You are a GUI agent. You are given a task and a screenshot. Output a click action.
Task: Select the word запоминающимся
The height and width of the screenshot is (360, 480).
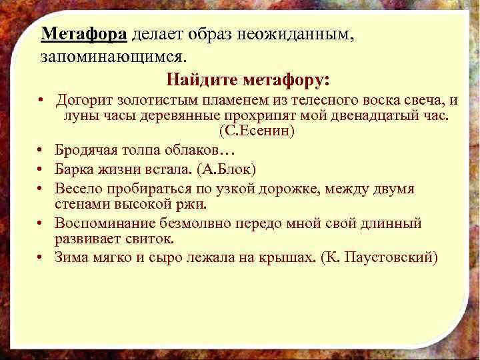[101, 57]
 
